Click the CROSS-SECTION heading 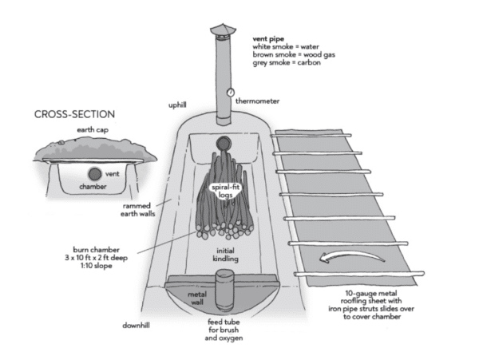[74, 114]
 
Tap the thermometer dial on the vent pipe [231, 92]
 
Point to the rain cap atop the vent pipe [223, 30]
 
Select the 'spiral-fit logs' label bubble [226, 191]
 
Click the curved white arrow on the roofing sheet [352, 256]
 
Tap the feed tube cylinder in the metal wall [224, 289]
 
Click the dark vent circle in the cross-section [95, 174]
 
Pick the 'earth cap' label [93, 130]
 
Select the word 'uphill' [177, 105]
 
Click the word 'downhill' [136, 326]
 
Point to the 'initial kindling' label [225, 255]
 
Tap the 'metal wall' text [197, 299]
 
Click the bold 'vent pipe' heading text [268, 39]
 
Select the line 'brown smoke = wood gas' [294, 54]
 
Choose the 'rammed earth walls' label [137, 210]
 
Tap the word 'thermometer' [257, 101]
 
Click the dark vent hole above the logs [224, 143]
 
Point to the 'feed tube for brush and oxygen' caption [224, 330]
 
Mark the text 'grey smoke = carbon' [287, 62]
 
